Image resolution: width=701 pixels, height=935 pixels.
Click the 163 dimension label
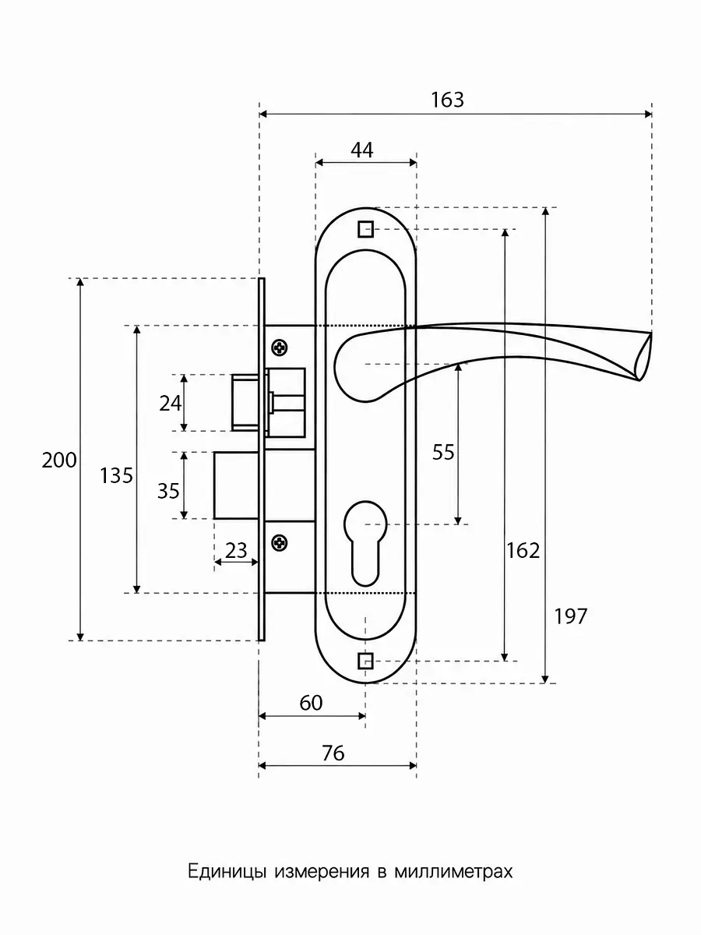coord(447,100)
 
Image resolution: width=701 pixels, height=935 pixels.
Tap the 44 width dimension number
coord(362,150)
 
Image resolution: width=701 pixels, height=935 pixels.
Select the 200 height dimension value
coord(59,460)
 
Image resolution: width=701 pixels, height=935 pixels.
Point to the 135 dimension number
coord(116,476)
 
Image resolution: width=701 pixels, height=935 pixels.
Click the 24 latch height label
coord(171,404)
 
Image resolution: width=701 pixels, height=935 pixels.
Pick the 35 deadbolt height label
coord(168,491)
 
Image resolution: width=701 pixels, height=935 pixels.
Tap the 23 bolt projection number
coord(236,550)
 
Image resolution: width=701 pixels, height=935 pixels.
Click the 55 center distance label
coord(443,452)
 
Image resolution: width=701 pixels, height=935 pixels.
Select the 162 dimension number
coord(523,550)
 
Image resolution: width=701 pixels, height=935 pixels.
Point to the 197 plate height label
coord(571,616)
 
